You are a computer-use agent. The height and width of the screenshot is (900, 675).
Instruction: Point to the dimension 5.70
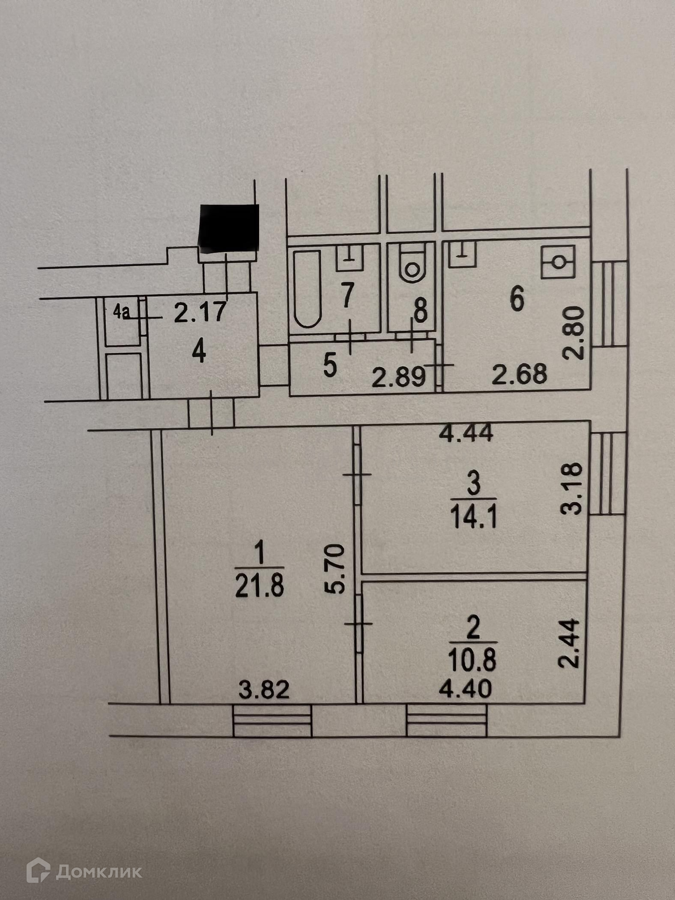(336, 569)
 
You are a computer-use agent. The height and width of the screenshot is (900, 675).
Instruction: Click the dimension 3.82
(265, 690)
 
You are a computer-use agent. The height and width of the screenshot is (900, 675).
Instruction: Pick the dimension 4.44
(467, 435)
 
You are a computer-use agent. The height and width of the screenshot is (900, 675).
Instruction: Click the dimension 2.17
(200, 313)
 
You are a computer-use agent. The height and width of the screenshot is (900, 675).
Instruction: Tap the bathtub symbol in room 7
(307, 289)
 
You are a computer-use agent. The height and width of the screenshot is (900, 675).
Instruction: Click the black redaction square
(229, 227)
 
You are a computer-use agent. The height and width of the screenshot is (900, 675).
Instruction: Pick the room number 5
(329, 367)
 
